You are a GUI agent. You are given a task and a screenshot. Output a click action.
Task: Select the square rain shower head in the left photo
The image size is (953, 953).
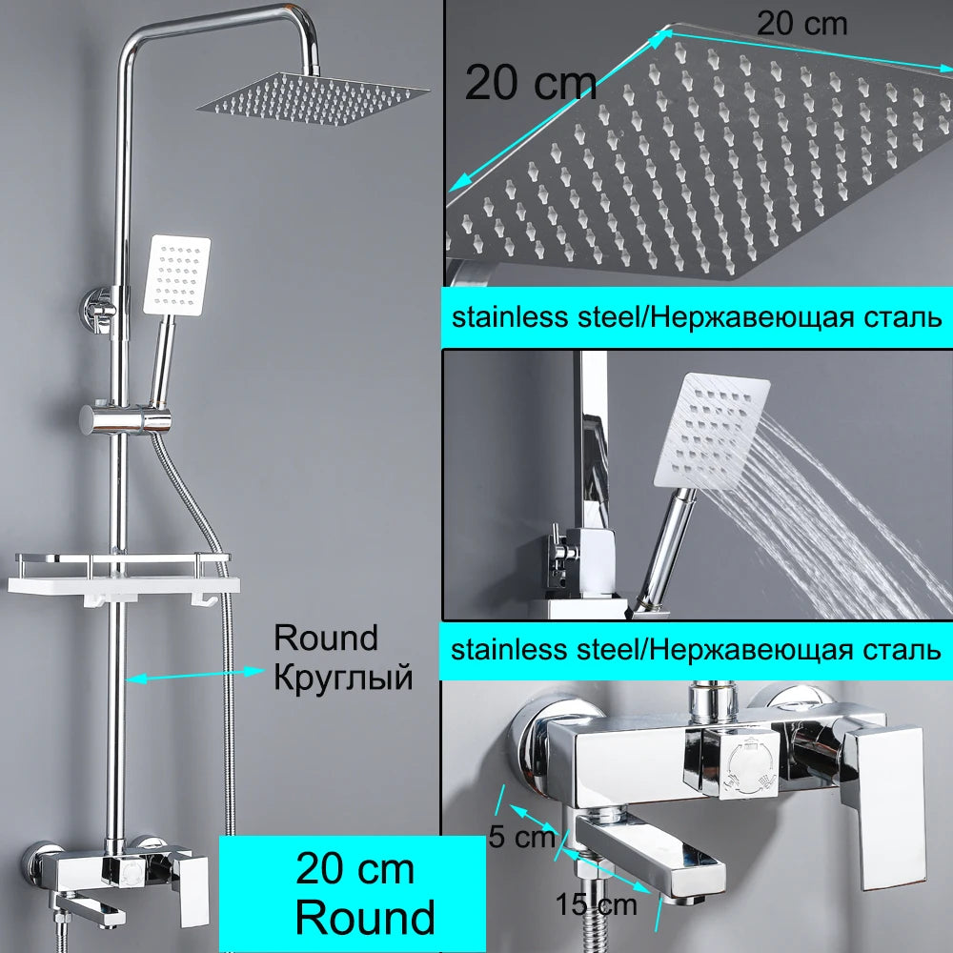[313, 100]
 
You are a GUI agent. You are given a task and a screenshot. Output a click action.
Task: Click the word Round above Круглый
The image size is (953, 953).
[326, 639]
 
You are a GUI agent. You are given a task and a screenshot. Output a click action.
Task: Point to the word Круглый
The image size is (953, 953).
[343, 679]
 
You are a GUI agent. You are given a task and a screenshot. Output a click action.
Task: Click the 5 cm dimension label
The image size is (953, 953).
[522, 837]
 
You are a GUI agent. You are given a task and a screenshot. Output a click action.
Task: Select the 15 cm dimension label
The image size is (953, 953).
[597, 904]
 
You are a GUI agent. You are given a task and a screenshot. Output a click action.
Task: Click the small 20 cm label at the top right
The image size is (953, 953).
[801, 25]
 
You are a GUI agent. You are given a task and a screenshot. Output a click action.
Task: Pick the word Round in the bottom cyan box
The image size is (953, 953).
[365, 917]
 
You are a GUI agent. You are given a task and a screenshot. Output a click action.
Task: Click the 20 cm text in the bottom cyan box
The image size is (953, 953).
[355, 869]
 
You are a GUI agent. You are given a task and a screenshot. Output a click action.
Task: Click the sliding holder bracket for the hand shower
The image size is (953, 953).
[125, 419]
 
